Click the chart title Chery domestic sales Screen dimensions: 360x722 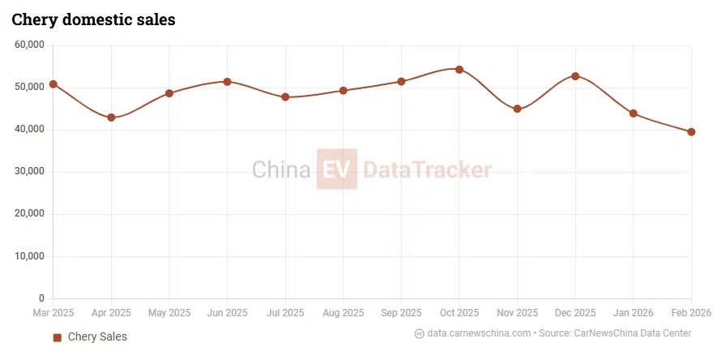coord(93,19)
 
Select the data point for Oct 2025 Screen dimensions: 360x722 coord(459,70)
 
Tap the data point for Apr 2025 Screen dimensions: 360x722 coord(111,118)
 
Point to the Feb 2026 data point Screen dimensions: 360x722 coord(691,132)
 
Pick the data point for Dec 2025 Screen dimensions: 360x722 coord(575,76)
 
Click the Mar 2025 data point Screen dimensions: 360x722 coord(53,84)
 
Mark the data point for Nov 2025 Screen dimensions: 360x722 coord(517,109)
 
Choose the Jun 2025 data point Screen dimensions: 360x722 coord(228,82)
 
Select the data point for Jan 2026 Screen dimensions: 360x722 coord(633,114)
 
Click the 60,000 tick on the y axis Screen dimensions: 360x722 coord(30,45)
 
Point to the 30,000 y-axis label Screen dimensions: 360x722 coord(30,172)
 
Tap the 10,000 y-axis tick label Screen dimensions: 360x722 coord(30,256)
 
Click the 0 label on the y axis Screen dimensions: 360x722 coord(42,298)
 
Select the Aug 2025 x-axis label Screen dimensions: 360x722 coord(343,313)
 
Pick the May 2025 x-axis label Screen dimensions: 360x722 coord(169,313)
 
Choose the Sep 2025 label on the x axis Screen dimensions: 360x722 coord(401,313)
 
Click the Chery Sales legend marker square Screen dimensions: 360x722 coord(58,337)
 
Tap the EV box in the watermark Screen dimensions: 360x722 coord(336,169)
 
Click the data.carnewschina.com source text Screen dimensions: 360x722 coord(479,333)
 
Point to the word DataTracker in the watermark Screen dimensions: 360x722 coord(427,170)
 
